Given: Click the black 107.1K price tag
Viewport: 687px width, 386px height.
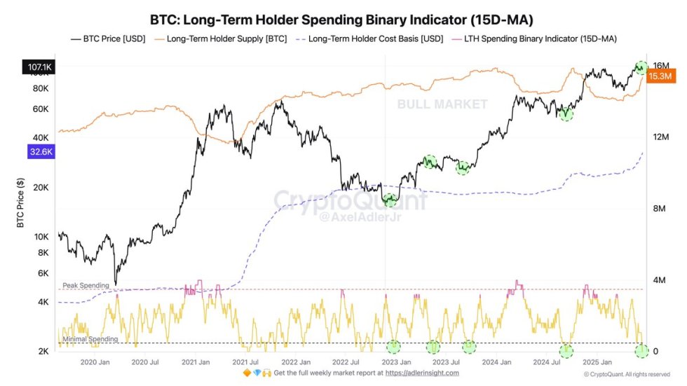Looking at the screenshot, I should click(x=39, y=68).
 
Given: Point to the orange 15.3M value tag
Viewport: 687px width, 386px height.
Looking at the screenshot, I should click(x=660, y=76).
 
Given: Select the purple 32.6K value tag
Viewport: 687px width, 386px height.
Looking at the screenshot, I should click(x=39, y=151).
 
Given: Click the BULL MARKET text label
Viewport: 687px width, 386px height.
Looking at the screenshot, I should click(x=442, y=104).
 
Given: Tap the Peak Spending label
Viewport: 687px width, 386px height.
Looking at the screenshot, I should click(x=86, y=286).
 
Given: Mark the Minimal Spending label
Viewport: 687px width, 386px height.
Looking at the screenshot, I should click(x=90, y=339).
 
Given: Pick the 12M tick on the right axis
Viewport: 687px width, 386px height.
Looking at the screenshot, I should click(x=658, y=137).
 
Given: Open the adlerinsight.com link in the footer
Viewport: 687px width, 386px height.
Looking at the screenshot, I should click(x=423, y=373).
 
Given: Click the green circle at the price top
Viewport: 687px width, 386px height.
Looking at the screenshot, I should click(x=640, y=68).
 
